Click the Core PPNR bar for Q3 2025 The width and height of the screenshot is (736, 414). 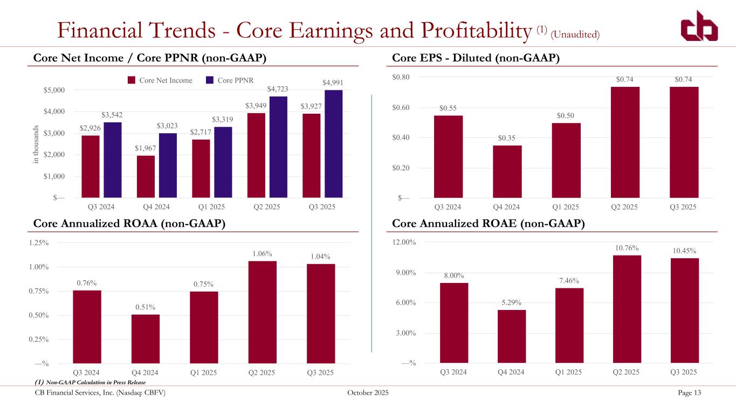[333, 144]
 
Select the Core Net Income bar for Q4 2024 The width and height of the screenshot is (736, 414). [146, 177]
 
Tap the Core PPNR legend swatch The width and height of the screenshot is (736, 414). [211, 80]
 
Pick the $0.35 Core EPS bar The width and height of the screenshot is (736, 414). [507, 171]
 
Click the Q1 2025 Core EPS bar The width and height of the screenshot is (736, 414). [566, 160]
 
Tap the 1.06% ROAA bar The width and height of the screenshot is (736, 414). [262, 312]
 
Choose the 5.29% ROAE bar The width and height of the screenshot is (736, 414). [512, 336]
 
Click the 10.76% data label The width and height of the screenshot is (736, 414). [627, 248]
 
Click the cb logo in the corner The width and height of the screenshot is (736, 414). [699, 26]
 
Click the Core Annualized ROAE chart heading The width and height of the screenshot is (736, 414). [489, 224]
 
